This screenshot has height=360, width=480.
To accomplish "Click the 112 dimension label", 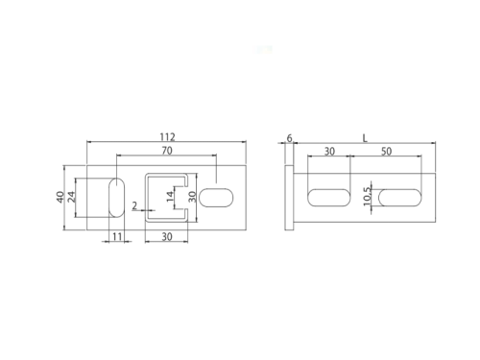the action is tap(168, 137).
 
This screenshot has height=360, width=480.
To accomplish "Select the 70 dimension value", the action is tap(167, 151).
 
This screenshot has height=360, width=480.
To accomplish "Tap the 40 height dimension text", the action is tap(60, 197).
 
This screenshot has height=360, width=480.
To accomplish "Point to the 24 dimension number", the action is tap(71, 197).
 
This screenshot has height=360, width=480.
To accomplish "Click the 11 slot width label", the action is tap(117, 236).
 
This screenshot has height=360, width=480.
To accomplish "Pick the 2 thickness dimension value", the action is tap(134, 205).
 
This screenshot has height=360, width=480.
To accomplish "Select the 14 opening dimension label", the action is tap(171, 196).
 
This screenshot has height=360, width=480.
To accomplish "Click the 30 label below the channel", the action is tap(167, 237).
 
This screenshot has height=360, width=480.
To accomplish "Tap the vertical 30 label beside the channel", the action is tap(192, 197).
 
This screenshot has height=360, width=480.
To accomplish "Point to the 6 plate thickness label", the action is tap(289, 138).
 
